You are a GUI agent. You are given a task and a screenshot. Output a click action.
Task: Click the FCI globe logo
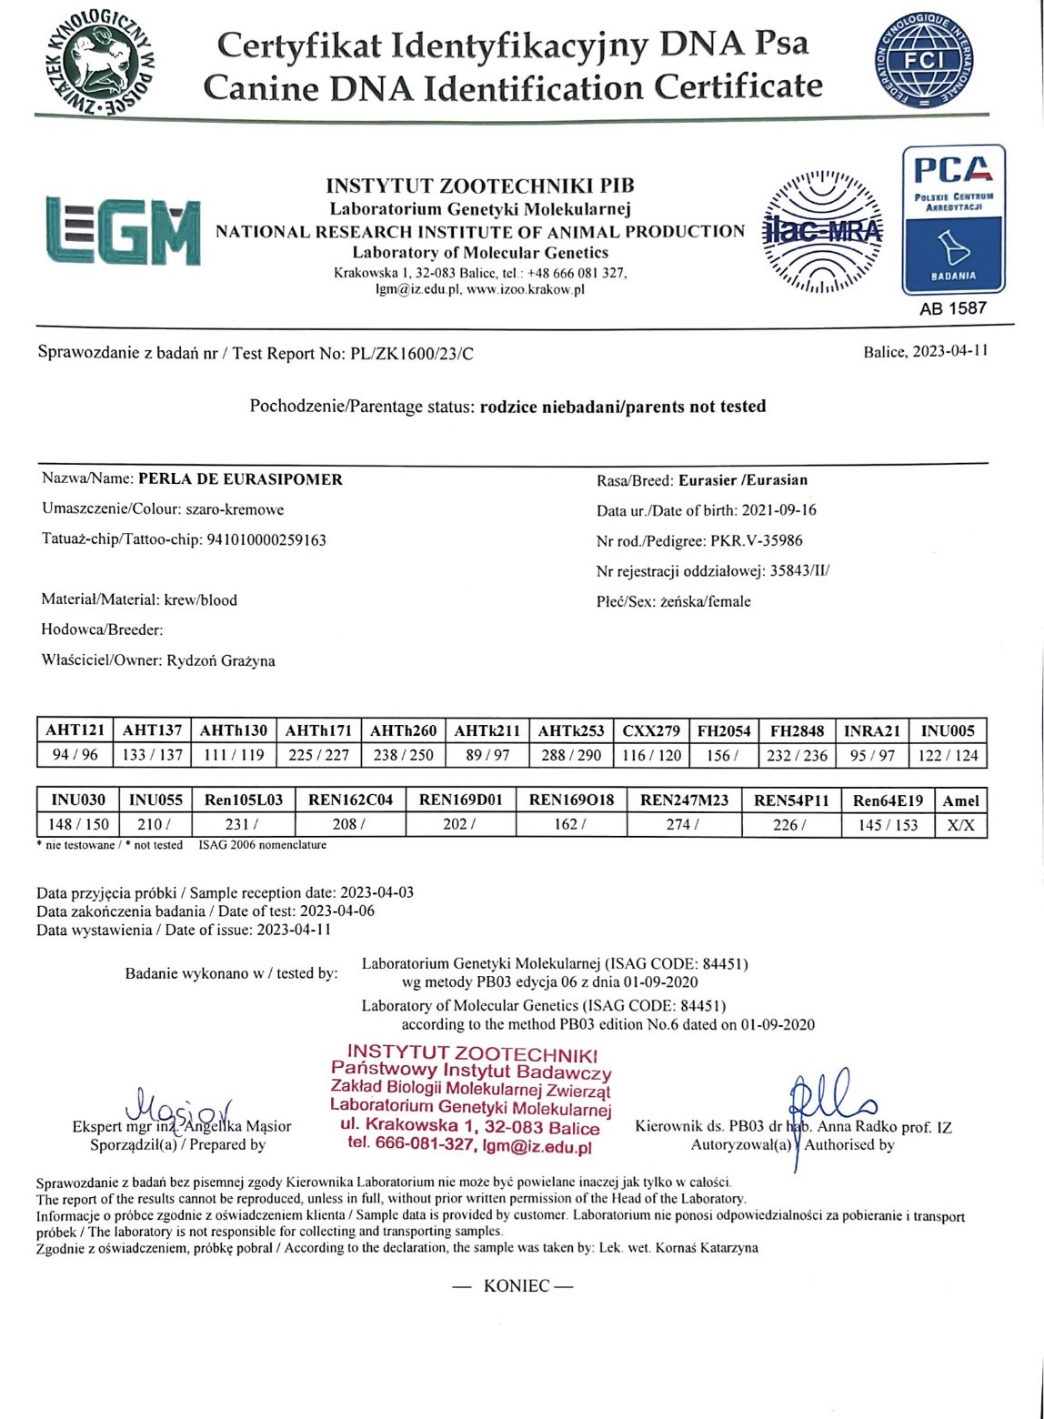tap(925, 61)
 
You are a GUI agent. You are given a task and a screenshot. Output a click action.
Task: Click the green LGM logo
tap(123, 231)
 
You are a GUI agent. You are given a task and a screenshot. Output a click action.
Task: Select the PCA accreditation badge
tap(952, 219)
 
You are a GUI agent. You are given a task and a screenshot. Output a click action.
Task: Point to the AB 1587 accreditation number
tap(952, 308)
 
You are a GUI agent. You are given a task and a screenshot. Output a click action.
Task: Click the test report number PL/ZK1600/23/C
tap(412, 354)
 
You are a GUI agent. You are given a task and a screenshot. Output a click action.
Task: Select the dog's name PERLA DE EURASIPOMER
tap(240, 479)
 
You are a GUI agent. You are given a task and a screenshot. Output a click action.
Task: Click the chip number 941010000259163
tap(266, 539)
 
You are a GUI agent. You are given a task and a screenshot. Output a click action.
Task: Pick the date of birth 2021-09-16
tap(779, 510)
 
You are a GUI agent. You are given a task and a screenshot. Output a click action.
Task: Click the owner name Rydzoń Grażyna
tap(221, 660)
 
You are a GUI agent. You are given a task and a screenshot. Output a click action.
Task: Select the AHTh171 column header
tap(318, 730)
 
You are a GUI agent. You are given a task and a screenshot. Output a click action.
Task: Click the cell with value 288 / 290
tap(570, 755)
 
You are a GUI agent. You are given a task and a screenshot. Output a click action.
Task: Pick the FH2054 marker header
tap(724, 730)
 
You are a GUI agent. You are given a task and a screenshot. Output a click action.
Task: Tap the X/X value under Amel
tap(960, 825)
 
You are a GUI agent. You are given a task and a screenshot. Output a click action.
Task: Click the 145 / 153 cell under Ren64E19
tap(888, 825)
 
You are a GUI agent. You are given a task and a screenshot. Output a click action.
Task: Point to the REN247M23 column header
tap(684, 800)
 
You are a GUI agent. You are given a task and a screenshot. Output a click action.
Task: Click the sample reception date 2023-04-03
tap(376, 892)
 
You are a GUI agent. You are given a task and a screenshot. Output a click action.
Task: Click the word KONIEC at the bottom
tap(517, 1285)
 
